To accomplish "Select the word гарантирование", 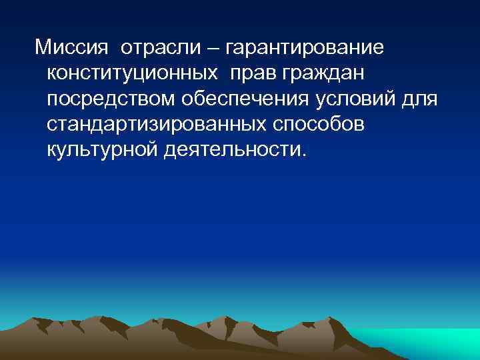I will coord(305,49).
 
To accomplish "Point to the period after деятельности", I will coord(306,156).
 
